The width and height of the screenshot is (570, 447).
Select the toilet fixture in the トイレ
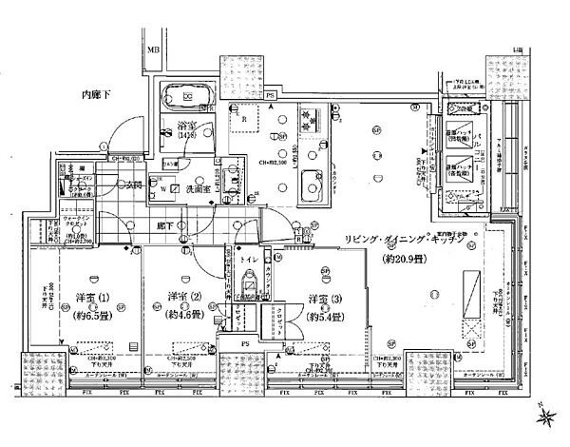tap(250, 286)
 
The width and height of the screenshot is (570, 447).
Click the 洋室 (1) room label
tap(92, 297)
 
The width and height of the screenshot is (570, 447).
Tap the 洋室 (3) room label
tap(326, 299)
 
